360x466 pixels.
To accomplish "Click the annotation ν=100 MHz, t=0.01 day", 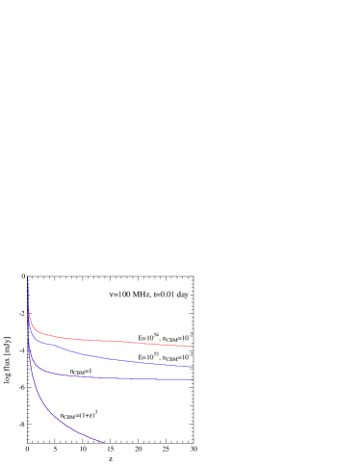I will tap(149, 294).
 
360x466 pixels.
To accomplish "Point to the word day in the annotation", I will tap(182, 294).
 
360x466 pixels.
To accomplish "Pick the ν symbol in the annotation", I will tap(112, 294).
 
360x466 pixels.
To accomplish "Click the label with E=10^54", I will tap(166, 338).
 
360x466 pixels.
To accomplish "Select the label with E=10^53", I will tap(166, 357).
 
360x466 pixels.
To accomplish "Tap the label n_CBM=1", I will tap(81, 371).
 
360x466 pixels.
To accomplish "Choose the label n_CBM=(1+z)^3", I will tap(79, 415).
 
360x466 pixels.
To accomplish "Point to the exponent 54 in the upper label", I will tap(155, 335).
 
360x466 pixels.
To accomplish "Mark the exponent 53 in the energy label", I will tap(155, 354).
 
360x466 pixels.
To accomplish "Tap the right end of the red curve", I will tap(193, 347).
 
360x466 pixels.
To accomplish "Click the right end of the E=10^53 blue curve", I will tap(193, 367).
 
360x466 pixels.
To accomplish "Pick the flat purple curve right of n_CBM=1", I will tap(144, 378).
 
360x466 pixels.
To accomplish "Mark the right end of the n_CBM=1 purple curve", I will tap(193, 379).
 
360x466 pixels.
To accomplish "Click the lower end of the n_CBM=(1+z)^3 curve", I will tap(102, 442).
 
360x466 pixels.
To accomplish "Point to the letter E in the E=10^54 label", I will tap(141, 338).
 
